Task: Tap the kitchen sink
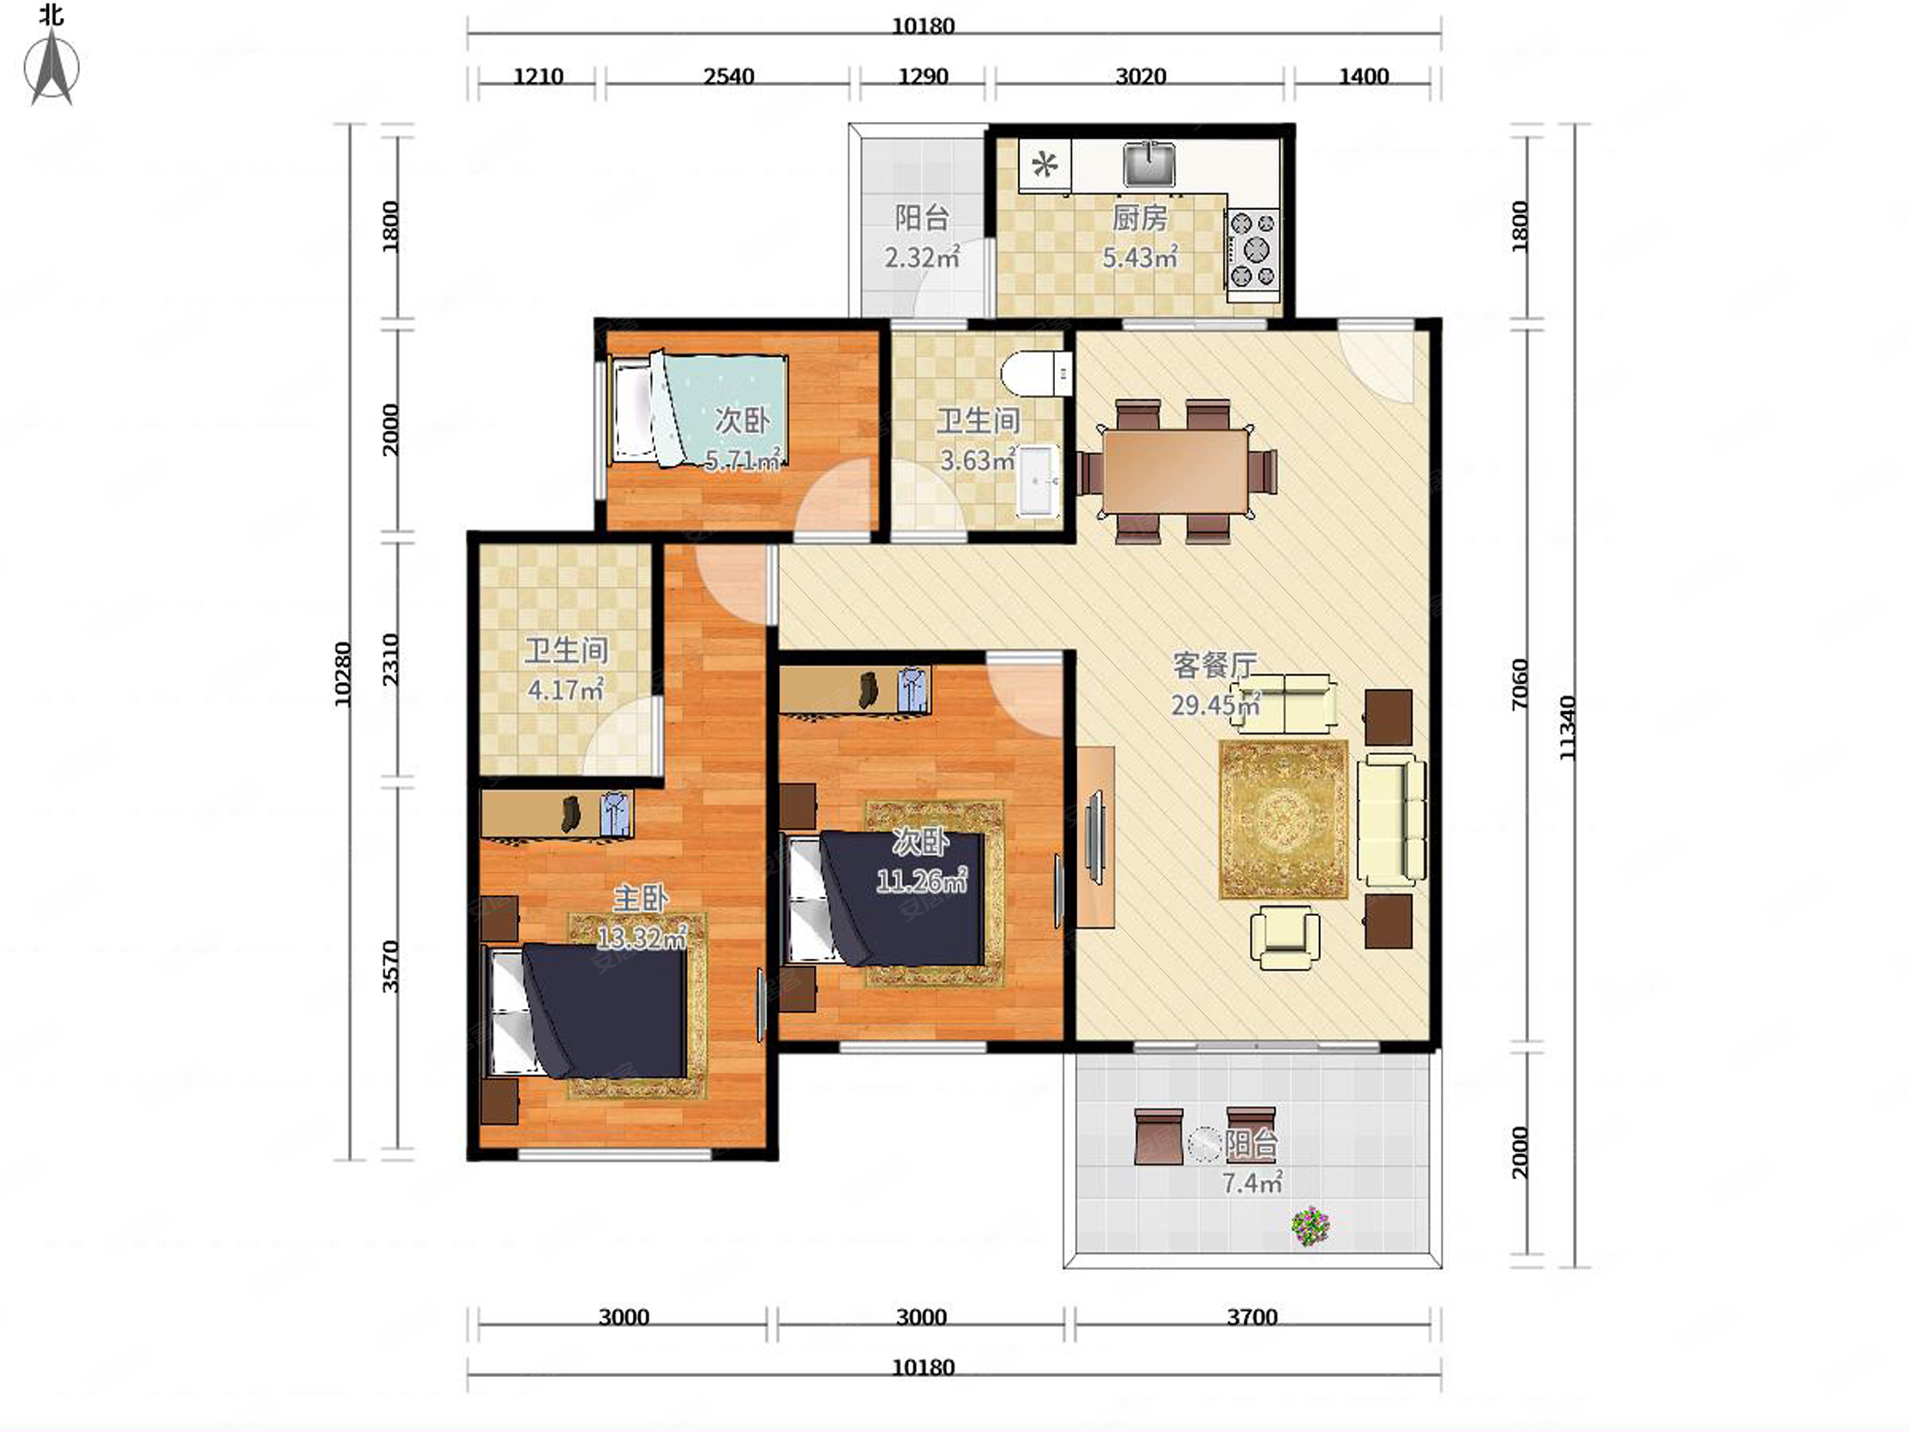click(x=1150, y=165)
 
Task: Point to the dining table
click(x=1175, y=471)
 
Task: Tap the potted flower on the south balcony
click(x=1310, y=1226)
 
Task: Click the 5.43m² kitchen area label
click(x=1140, y=257)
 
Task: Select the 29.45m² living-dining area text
click(x=1215, y=704)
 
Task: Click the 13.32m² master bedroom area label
click(x=641, y=937)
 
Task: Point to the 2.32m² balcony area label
click(x=922, y=256)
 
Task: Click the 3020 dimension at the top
click(x=1140, y=77)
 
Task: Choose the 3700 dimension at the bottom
click(x=1252, y=1318)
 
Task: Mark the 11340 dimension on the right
click(x=1568, y=728)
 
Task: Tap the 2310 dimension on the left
click(x=390, y=660)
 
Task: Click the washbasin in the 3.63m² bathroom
click(x=1038, y=480)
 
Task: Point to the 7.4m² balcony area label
click(x=1252, y=1183)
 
